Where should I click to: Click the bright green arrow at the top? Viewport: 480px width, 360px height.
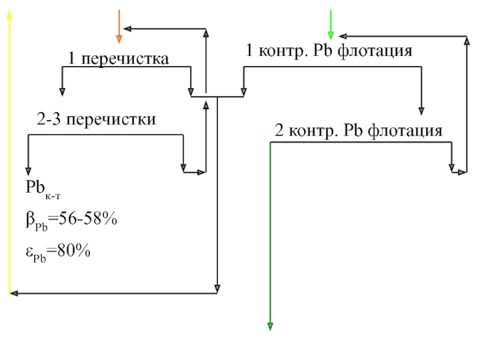tap(330, 27)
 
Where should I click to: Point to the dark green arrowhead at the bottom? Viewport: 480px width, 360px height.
tap(270, 326)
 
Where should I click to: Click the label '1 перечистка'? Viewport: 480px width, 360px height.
tap(118, 59)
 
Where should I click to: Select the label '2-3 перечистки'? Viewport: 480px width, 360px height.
tap(96, 119)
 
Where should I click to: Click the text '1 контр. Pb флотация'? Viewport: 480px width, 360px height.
tap(329, 51)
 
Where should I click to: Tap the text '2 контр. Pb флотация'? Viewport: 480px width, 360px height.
tap(358, 130)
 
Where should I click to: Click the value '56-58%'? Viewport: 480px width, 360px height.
tap(85, 220)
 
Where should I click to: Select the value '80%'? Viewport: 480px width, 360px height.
tap(71, 251)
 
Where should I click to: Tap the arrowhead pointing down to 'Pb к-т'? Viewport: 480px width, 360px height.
tap(28, 170)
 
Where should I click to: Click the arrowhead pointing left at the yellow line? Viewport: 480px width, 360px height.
tap(13, 293)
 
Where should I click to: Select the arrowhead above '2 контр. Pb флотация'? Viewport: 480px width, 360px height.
tap(422, 110)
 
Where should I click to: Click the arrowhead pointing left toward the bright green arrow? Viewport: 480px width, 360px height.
tap(341, 36)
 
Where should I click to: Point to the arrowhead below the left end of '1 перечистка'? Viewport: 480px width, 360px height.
tap(62, 91)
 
